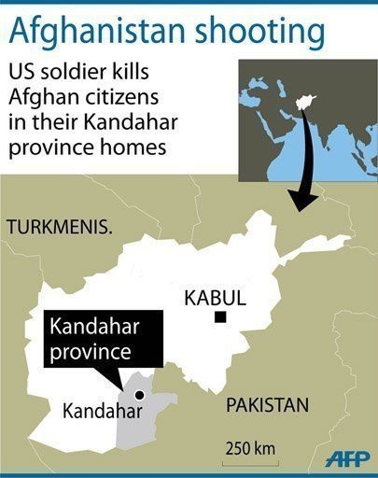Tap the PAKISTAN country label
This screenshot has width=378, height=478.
tap(266, 406)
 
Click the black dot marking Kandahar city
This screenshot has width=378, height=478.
tap(138, 395)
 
